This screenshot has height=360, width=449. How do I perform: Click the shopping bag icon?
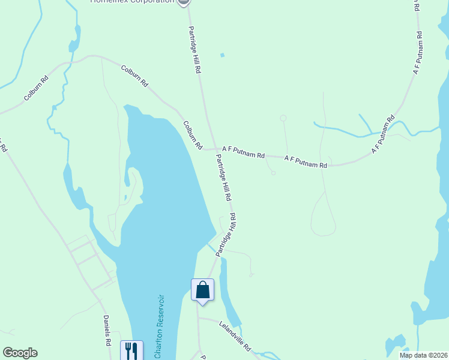[x=202, y=290]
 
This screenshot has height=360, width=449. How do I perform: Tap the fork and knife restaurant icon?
[x=131, y=351]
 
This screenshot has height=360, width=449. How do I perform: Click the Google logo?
[x=20, y=353]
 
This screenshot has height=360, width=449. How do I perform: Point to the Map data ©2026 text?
[x=423, y=355]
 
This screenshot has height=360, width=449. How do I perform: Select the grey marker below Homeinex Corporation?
[x=184, y=2]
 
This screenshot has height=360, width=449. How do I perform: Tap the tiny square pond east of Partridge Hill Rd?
[x=222, y=55]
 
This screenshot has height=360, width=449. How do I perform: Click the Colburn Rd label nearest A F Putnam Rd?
[x=193, y=136]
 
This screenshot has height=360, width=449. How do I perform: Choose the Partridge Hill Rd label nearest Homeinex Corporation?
[x=194, y=50]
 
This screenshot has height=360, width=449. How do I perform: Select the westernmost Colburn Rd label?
[x=36, y=88]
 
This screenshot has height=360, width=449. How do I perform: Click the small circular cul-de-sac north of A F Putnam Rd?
[x=283, y=118]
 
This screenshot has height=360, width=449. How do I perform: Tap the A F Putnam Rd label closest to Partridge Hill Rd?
[x=243, y=152]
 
